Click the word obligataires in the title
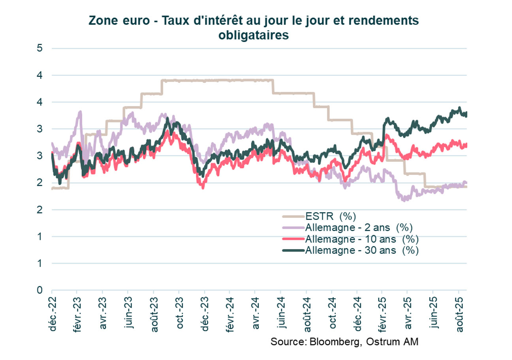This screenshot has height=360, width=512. [253, 35]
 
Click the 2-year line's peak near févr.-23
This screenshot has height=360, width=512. [80, 112]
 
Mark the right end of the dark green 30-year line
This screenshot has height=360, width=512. [467, 114]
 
